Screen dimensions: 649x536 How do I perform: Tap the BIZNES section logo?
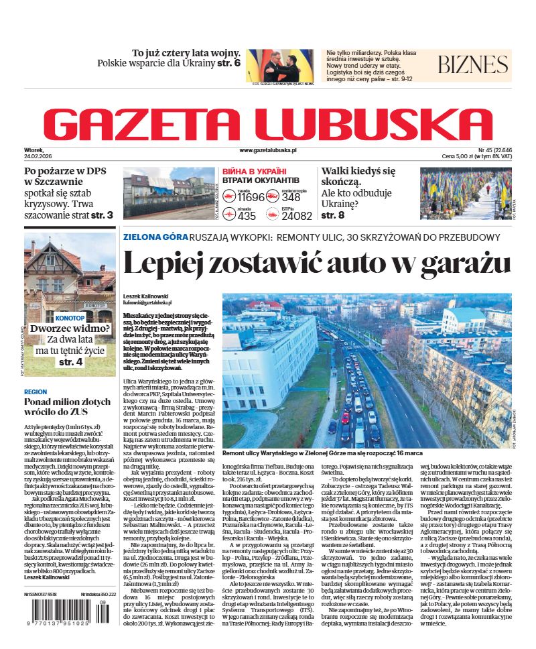[473, 65]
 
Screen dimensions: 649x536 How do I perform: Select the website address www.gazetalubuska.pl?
[267, 152]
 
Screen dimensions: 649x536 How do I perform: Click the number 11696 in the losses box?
[251, 197]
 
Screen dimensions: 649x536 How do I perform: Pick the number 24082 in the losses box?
[297, 216]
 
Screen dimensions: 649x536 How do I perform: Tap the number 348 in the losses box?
[291, 197]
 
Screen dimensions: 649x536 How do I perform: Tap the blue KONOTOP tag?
[70, 317]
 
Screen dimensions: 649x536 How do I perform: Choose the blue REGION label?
[36, 392]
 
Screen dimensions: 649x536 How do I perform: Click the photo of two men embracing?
[279, 65]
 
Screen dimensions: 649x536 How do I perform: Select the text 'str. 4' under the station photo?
[70, 362]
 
